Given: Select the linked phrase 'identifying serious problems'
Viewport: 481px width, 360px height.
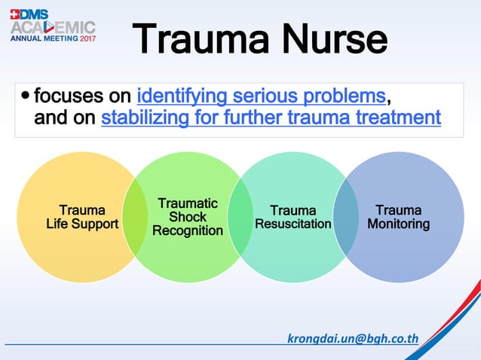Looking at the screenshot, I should tap(262, 96).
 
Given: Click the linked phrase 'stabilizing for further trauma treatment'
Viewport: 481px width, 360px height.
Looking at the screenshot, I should tap(271, 117).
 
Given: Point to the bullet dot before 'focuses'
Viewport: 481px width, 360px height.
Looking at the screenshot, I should tap(26, 96).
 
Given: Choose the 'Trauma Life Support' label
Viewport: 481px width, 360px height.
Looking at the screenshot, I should tap(82, 217).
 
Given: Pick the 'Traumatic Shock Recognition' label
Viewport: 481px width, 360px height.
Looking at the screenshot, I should tap(188, 217).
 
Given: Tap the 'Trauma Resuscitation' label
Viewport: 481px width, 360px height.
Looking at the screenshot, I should tap(293, 217).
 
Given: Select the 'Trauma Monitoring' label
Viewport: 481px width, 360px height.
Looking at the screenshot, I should tap(398, 217).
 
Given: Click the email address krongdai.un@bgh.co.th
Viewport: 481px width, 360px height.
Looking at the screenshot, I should tap(353, 337).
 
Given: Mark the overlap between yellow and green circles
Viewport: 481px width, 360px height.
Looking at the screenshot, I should tap(135, 218).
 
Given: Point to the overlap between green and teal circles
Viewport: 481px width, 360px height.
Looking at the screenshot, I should tap(240, 218).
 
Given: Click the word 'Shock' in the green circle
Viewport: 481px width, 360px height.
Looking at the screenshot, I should tap(188, 217).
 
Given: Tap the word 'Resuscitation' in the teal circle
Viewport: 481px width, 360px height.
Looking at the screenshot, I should tap(293, 224).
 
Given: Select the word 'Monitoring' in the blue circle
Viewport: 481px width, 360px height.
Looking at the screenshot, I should tap(398, 224).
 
